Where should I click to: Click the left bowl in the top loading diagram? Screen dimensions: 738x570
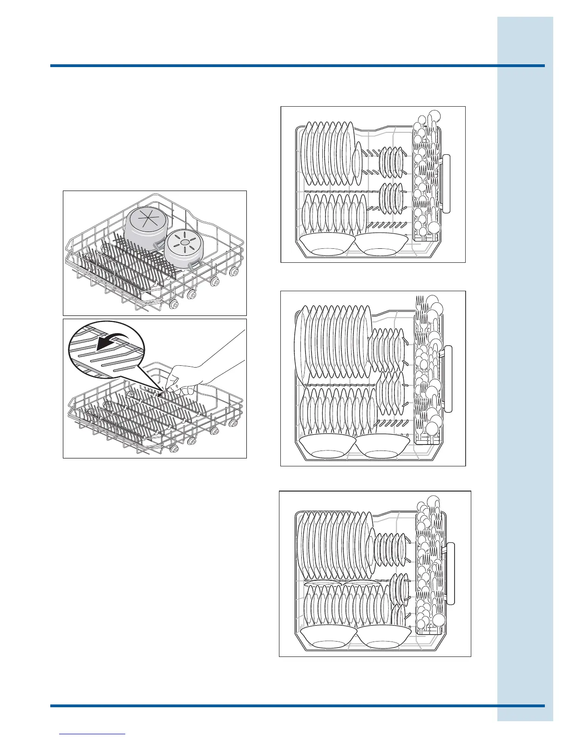(x=326, y=245)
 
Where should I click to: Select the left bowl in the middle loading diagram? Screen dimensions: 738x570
(x=326, y=446)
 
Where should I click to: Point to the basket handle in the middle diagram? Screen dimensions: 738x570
(x=449, y=379)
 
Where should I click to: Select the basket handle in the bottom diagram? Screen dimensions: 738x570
(x=451, y=574)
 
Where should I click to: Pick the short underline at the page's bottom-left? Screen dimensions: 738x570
(x=93, y=734)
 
